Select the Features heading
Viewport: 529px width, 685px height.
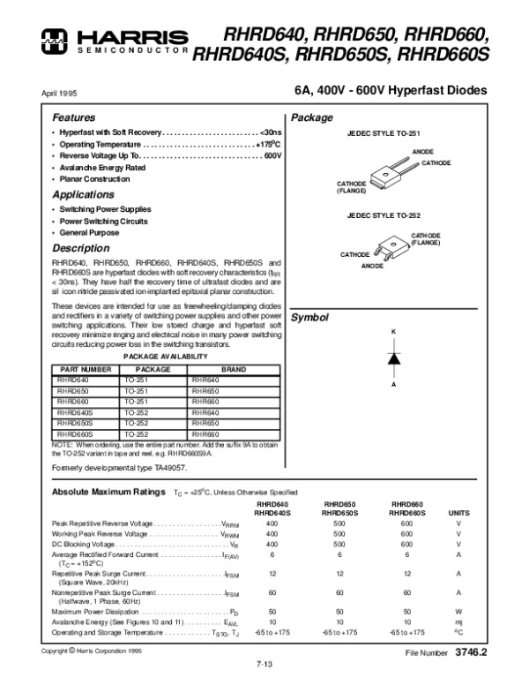click(73, 117)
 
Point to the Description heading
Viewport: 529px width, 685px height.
click(80, 248)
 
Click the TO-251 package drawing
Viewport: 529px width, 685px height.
click(384, 170)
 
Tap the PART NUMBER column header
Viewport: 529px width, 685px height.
click(84, 369)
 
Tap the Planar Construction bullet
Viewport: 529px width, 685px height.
click(94, 178)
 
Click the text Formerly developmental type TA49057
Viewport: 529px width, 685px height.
click(119, 465)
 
